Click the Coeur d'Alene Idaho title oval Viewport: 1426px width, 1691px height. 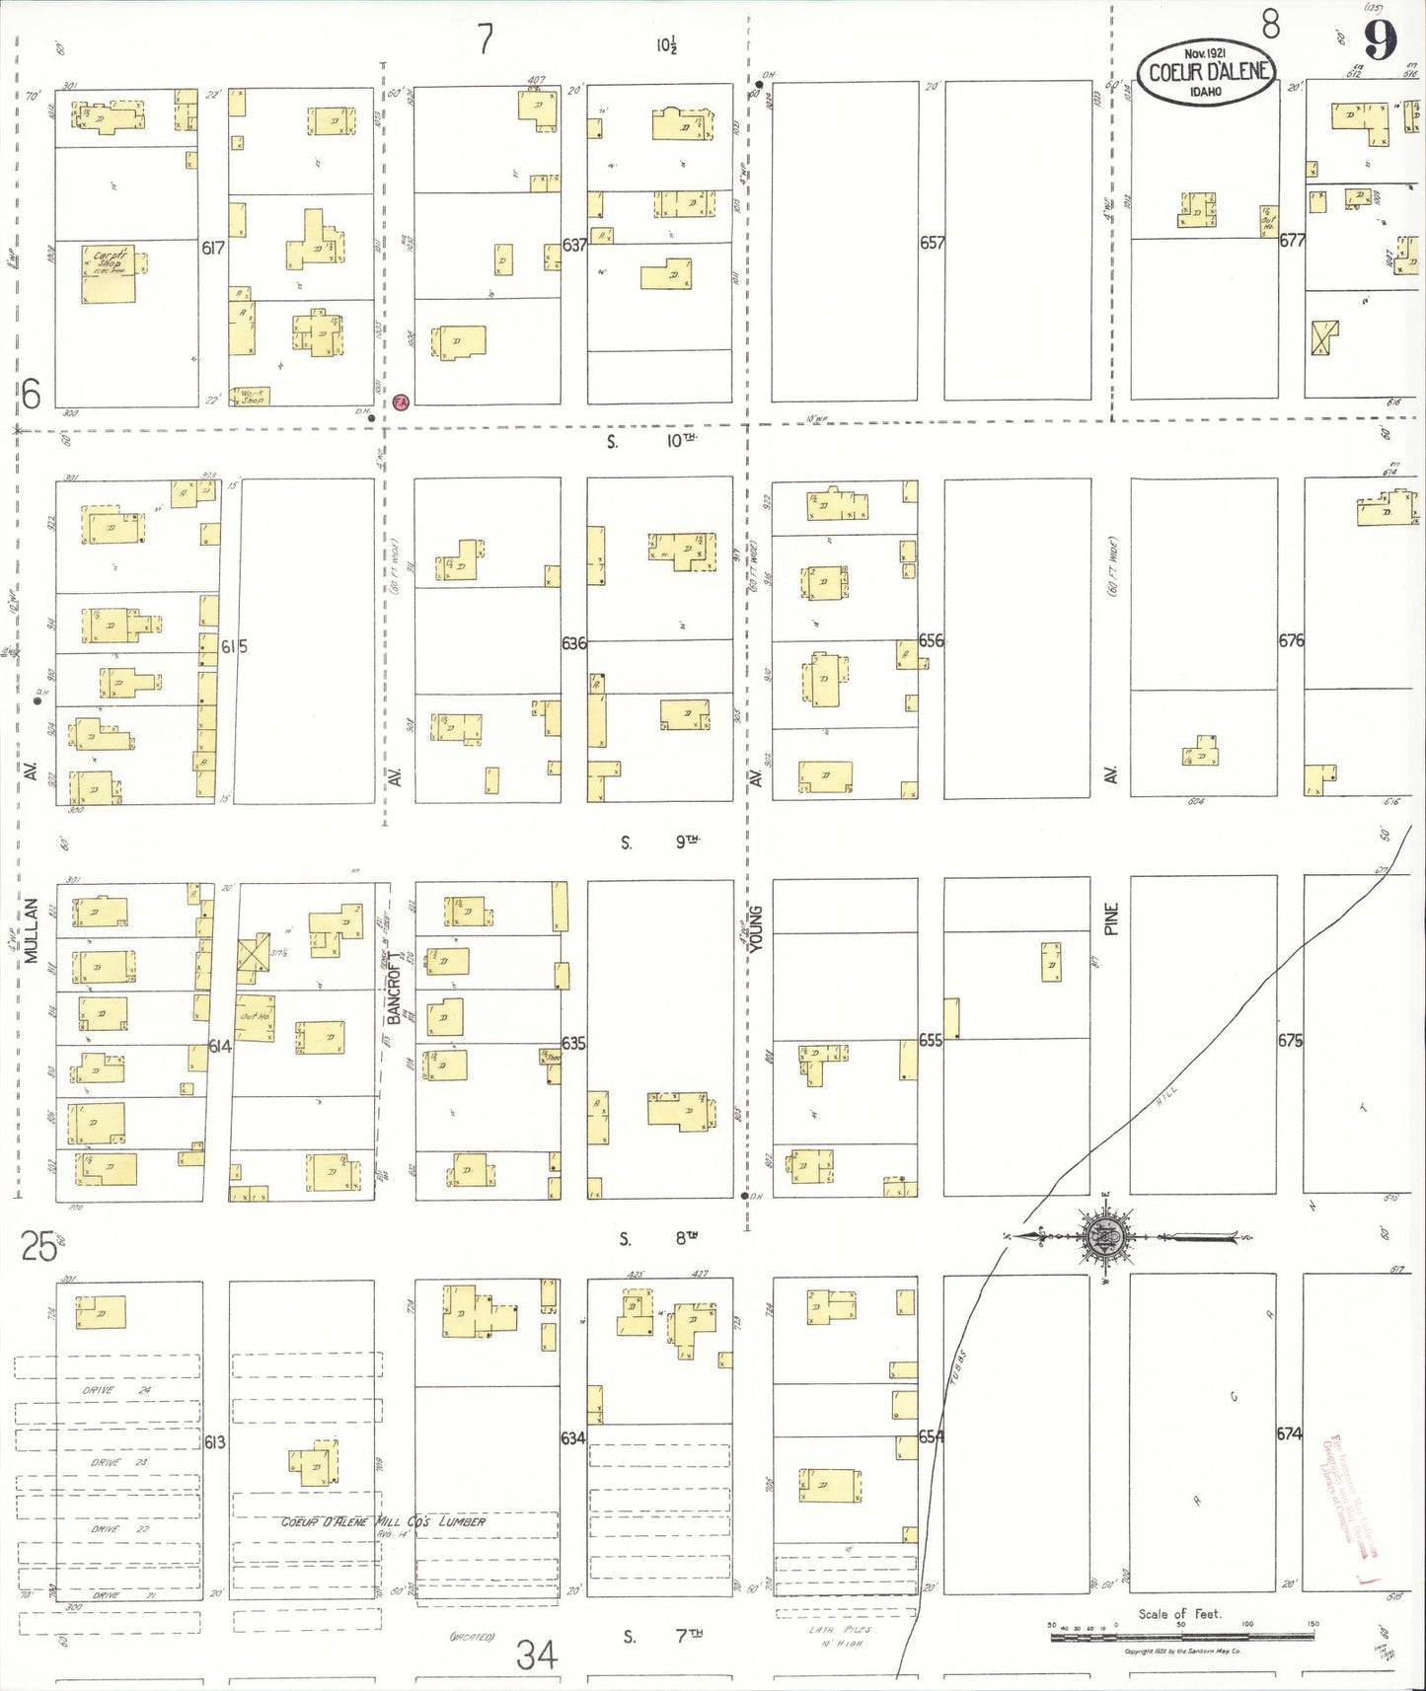(1206, 72)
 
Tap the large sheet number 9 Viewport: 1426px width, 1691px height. (1380, 40)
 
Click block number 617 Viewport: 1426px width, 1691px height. (213, 248)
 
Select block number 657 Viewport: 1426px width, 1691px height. (932, 242)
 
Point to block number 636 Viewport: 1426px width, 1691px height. (573, 642)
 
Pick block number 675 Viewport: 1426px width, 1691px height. (1290, 1040)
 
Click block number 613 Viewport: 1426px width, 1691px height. (214, 1441)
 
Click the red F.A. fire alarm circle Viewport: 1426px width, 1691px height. (401, 402)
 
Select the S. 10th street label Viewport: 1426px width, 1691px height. (652, 441)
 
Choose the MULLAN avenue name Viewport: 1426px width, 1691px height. (32, 929)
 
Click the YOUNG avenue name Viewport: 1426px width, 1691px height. (757, 927)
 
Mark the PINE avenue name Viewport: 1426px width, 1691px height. (1112, 918)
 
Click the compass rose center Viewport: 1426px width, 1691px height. (1099, 1236)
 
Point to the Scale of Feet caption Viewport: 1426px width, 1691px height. (1179, 1614)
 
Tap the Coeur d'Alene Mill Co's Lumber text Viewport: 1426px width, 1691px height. (383, 1521)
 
